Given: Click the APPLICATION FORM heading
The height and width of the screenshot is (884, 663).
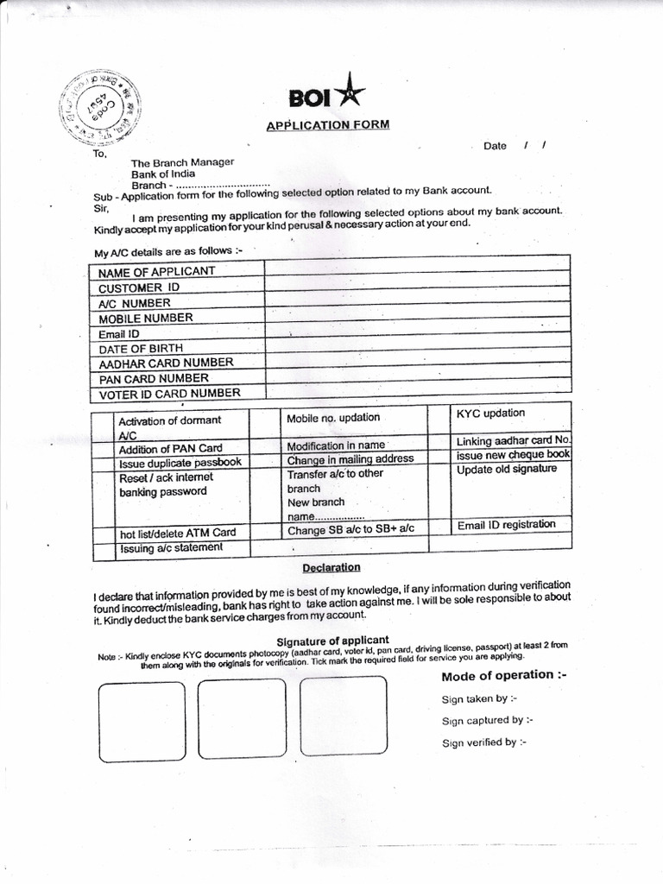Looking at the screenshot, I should tap(327, 125).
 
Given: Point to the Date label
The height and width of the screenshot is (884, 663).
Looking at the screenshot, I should tap(495, 146).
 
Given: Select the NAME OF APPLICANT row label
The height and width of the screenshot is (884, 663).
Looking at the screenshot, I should tap(156, 272).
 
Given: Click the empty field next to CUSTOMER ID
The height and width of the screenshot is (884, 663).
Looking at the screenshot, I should tap(418, 285).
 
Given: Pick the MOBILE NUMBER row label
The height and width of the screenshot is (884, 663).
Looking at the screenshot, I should tap(145, 318).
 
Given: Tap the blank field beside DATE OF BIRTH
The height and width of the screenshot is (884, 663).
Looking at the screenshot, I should tap(418, 346).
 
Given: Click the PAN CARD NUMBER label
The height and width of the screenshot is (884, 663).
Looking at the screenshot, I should tap(153, 378).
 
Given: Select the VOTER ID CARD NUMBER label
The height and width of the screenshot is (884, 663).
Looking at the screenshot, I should tap(168, 394).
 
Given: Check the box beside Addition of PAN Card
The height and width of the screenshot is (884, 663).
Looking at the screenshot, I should tap(104, 449).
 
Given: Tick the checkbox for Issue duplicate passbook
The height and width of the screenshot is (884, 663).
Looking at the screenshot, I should tap(104, 463).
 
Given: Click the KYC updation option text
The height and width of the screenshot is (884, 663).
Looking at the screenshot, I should tap(490, 414).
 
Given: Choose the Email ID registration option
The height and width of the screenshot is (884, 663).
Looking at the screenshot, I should tap(506, 524).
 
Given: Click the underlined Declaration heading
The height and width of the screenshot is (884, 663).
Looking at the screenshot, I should tap(331, 567).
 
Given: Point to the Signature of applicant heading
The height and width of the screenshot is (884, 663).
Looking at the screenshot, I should tap(326, 640).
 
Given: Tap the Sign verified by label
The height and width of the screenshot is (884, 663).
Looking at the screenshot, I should tap(483, 742).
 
